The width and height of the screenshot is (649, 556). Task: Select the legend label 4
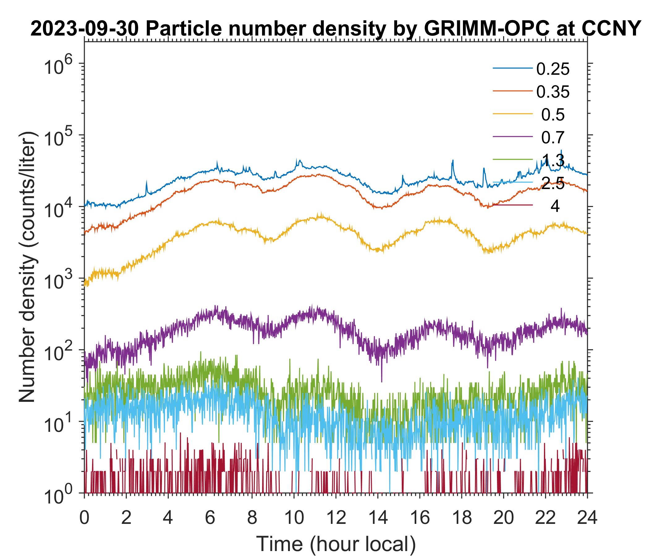coord(555,206)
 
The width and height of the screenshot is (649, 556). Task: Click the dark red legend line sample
coord(513,205)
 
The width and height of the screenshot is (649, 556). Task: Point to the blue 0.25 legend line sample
coord(513,68)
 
